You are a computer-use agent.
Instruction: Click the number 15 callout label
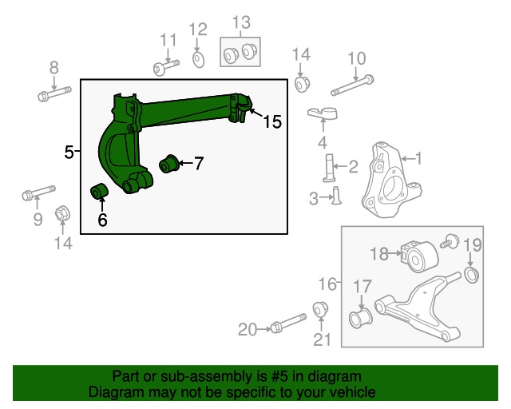271,121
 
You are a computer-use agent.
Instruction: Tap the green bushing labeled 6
101,193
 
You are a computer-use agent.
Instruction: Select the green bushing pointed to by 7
168,164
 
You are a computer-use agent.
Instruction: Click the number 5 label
69,150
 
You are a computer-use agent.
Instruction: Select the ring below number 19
471,276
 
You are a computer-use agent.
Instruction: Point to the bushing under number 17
360,319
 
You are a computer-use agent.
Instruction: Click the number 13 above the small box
240,22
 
